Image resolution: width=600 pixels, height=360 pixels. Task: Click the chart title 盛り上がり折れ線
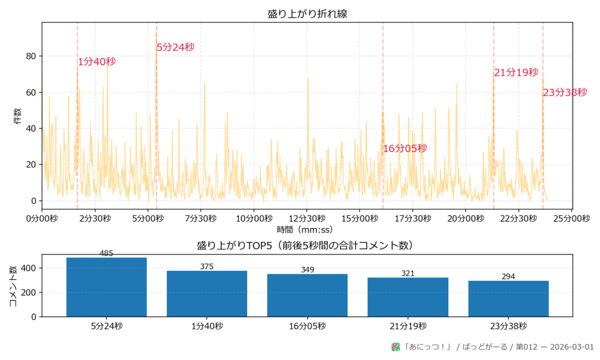click(307, 13)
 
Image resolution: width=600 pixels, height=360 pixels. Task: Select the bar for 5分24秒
click(107, 287)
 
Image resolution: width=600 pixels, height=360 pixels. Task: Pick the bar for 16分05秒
click(307, 296)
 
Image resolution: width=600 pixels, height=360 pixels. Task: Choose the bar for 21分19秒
click(408, 297)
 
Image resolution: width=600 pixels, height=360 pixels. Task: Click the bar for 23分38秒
click(508, 299)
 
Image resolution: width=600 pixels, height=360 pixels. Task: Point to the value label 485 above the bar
click(107, 254)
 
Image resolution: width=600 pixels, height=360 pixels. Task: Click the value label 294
click(508, 277)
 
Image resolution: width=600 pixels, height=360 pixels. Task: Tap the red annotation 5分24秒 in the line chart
click(175, 47)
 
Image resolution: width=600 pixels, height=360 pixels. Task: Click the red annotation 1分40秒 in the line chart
click(97, 62)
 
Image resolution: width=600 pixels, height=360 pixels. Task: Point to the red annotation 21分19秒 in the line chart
click(516, 73)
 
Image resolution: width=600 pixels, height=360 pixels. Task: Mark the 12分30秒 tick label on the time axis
click(307, 218)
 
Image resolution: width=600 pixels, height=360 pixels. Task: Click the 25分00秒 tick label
click(571, 218)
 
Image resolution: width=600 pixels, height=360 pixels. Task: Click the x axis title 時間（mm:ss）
click(307, 229)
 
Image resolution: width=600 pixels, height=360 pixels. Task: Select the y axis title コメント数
click(13, 286)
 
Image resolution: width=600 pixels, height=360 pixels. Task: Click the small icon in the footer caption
click(396, 347)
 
